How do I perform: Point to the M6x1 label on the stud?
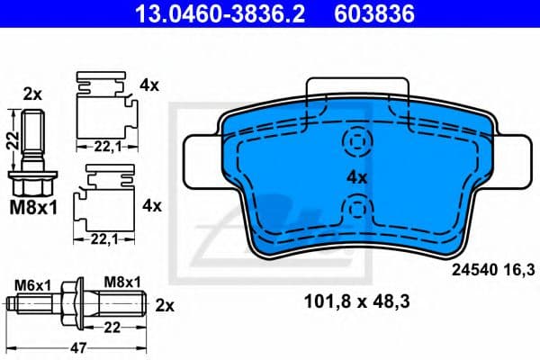[x=34, y=283]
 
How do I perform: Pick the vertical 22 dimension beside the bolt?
[x=10, y=140]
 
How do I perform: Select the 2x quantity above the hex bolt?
[x=32, y=94]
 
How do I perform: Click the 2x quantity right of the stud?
[x=166, y=305]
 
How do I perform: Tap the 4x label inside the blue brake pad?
[x=358, y=178]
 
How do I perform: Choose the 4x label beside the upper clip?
[x=149, y=86]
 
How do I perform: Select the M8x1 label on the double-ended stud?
[x=121, y=283]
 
